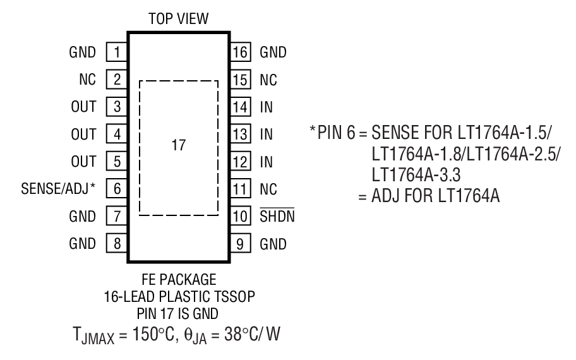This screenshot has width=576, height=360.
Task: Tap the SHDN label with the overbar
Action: [x=277, y=216]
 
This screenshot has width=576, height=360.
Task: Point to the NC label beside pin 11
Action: [x=268, y=189]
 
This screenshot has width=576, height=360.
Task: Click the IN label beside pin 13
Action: [x=266, y=135]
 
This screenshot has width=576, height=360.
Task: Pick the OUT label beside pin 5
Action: [x=83, y=162]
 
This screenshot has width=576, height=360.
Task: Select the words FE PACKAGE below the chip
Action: [x=178, y=278]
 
